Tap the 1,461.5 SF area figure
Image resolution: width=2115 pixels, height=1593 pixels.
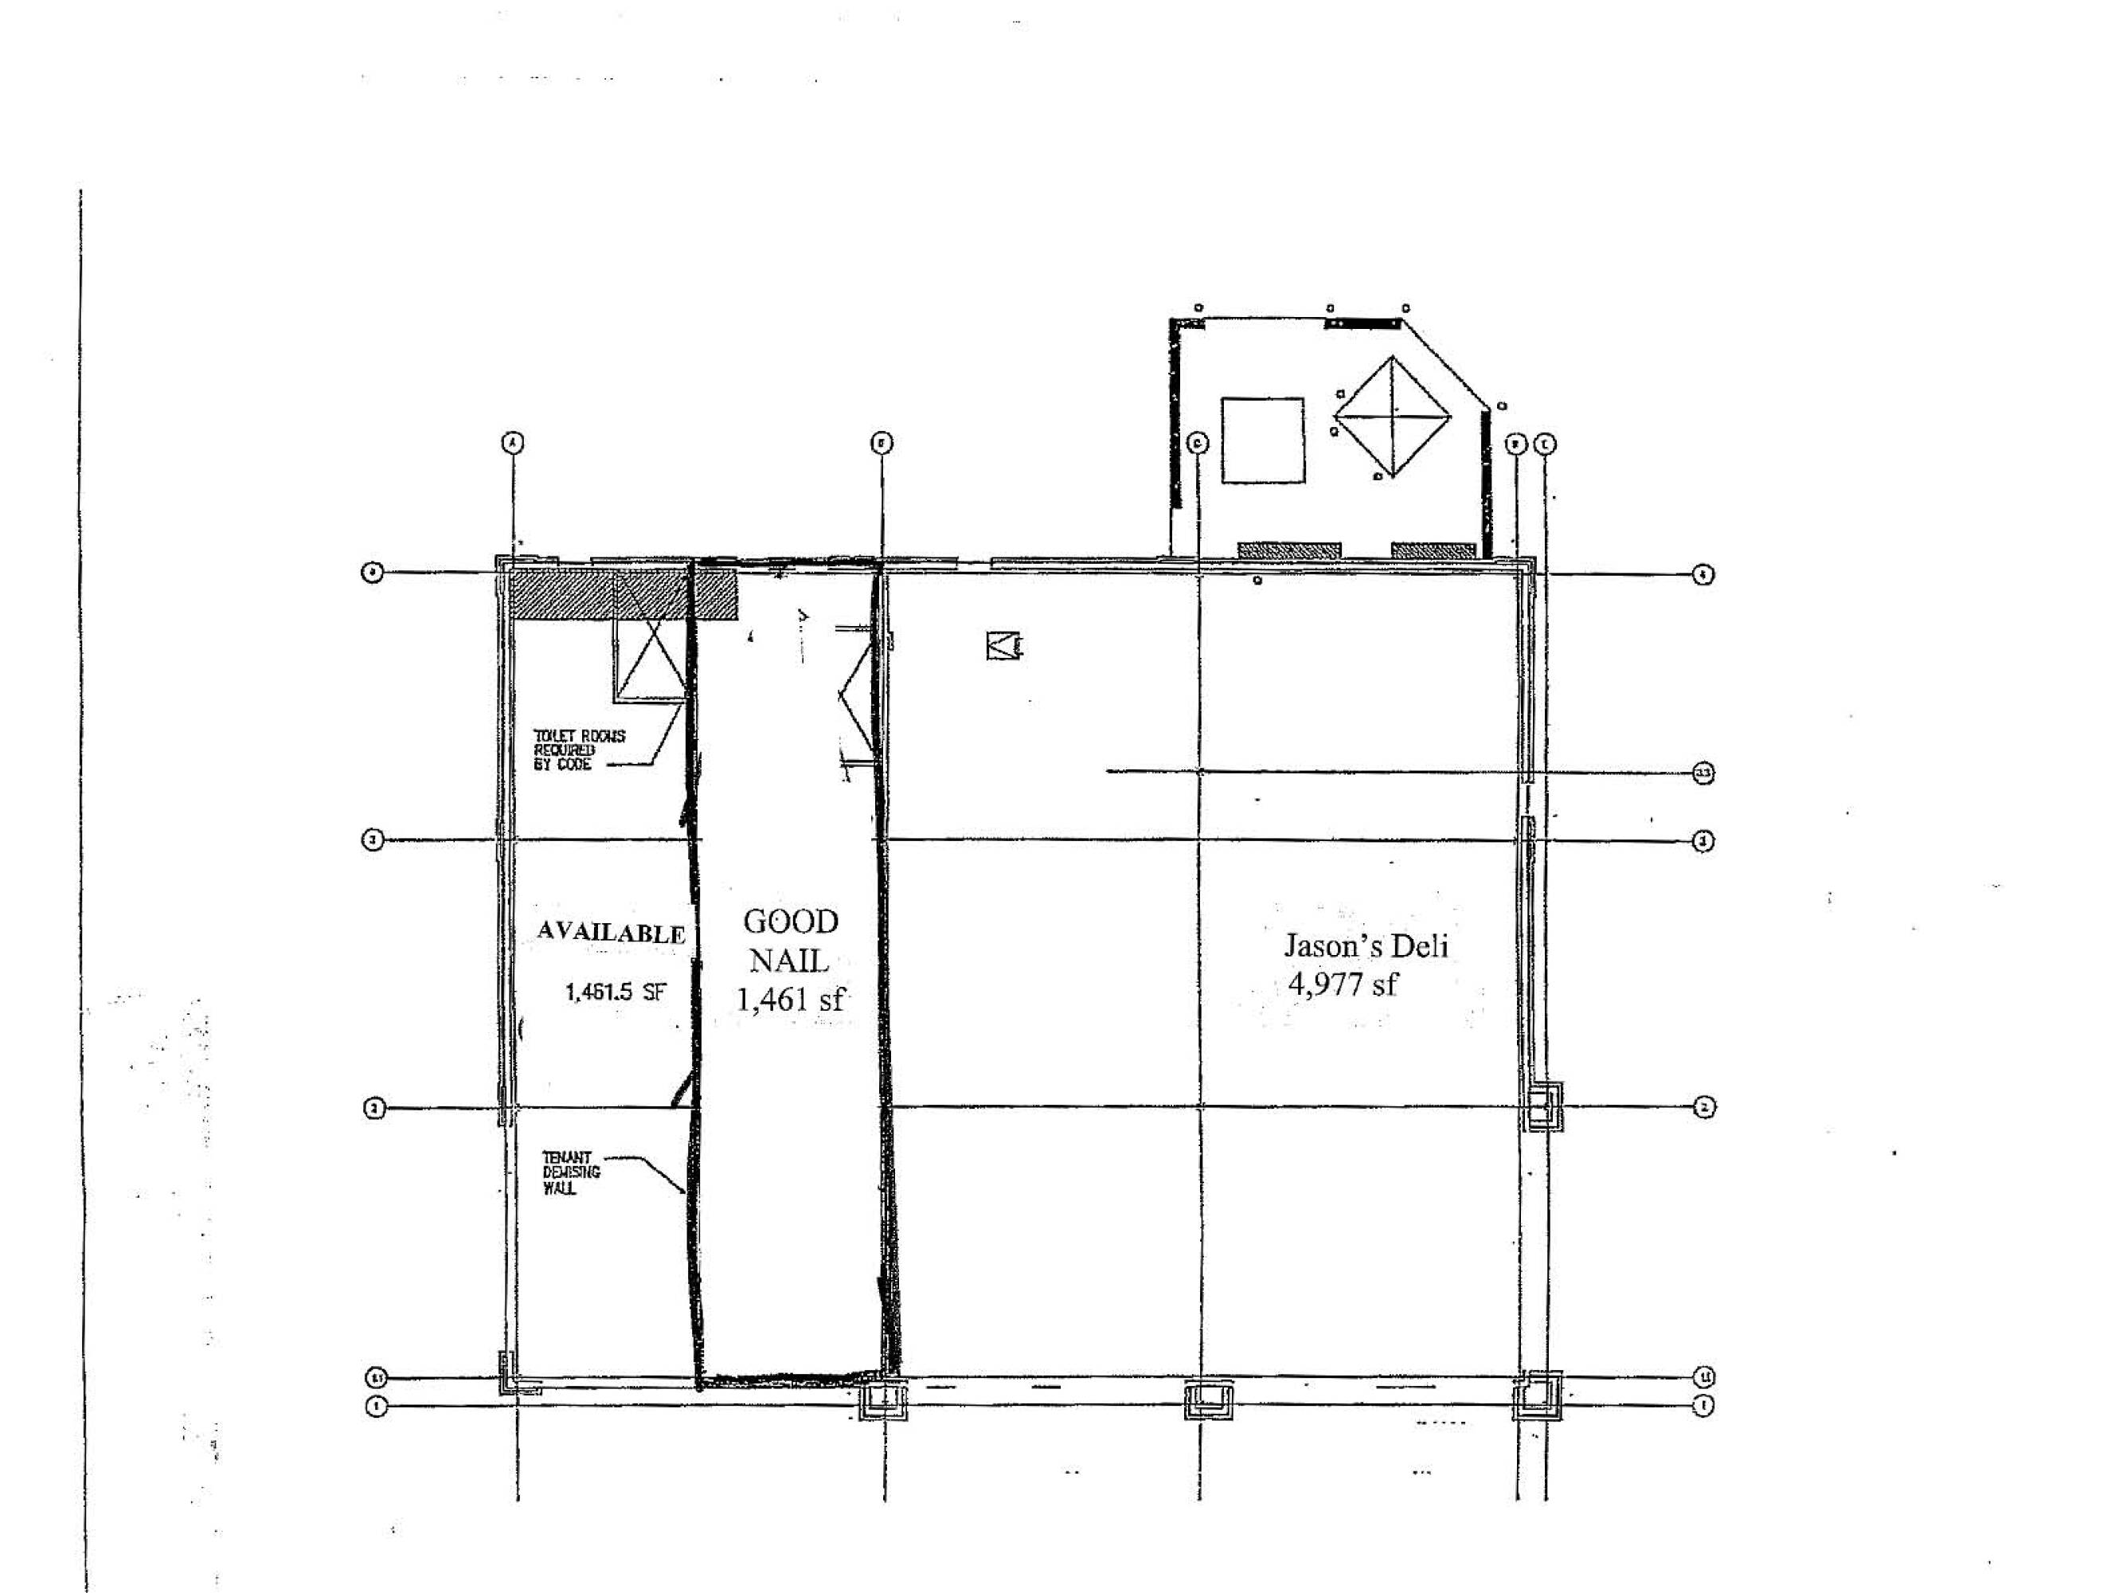point(614,992)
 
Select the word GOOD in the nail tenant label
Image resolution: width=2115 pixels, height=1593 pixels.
point(791,922)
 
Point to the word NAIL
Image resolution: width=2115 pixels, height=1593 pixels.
point(789,960)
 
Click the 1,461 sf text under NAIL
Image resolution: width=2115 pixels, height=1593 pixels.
point(790,1000)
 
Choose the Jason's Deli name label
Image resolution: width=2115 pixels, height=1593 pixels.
point(1366,945)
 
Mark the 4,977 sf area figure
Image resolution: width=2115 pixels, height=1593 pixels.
point(1343,984)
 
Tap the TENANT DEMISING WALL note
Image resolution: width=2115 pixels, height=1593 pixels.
point(571,1172)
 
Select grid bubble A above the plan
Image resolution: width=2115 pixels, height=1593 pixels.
point(514,443)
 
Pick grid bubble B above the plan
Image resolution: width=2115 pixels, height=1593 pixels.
point(882,443)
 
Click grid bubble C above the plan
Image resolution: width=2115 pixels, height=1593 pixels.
point(1197,443)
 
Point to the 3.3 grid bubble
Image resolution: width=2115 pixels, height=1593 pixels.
point(1703,773)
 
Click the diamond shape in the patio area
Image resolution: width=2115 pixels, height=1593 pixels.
point(1392,416)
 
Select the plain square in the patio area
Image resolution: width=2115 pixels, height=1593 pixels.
point(1262,440)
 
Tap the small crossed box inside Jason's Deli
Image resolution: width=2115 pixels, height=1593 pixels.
point(1002,647)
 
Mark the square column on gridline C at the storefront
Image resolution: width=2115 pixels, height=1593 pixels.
point(1209,1401)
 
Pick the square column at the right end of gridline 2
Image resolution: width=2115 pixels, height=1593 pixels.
point(1543,1106)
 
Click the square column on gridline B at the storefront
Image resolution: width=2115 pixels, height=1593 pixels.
point(883,1402)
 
